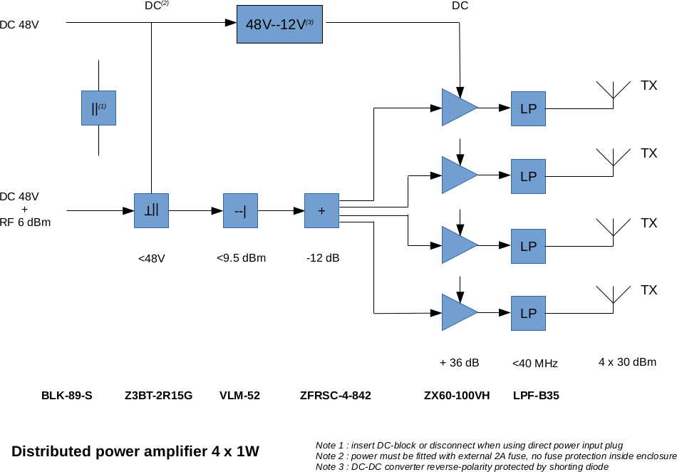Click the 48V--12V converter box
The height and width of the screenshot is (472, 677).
point(279,24)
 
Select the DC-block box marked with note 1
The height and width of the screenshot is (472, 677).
point(98,108)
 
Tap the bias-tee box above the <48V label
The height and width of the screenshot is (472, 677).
point(151,210)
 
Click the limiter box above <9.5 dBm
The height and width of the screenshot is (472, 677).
point(240,210)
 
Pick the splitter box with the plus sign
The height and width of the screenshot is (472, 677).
point(321,210)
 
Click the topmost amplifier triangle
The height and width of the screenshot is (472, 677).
point(457,108)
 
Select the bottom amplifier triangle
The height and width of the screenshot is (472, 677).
point(457,312)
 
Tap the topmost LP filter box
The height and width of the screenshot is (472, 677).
point(528,108)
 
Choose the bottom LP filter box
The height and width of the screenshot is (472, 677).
point(528,313)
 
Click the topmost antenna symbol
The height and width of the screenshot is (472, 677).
point(613,92)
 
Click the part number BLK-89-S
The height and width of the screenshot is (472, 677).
point(67,395)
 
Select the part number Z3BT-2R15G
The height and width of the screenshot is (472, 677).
point(158,395)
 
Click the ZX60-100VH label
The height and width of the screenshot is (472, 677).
point(457,395)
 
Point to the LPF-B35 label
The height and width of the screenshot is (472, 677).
point(536,395)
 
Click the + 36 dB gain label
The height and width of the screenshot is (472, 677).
point(460,363)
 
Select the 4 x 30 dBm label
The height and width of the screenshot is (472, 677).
point(627,362)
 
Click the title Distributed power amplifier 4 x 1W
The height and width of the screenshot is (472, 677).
point(135,451)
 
